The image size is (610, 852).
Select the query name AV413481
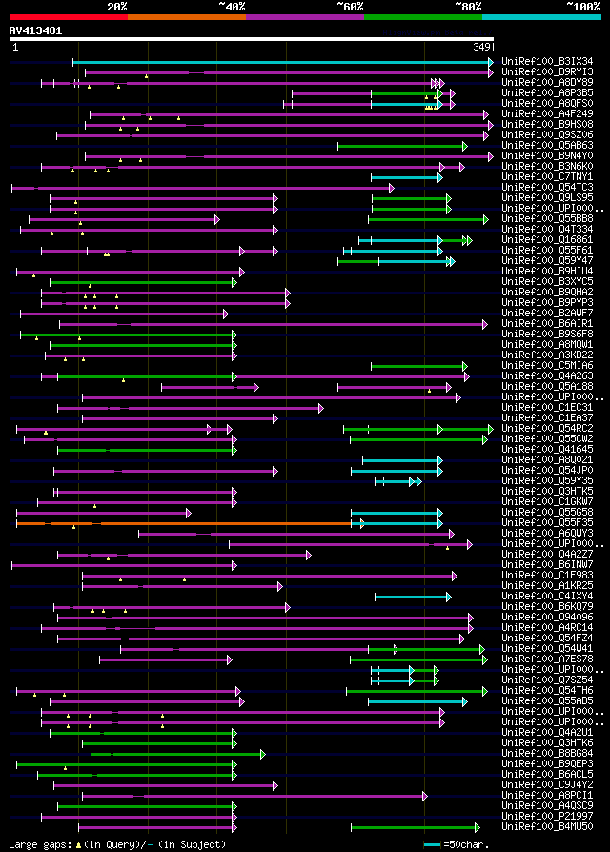point(35,30)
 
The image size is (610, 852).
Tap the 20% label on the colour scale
point(116,7)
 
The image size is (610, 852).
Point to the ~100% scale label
point(582,7)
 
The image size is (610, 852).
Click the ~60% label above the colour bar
point(350,7)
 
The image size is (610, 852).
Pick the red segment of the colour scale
point(68,16)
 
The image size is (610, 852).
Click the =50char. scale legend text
point(465,844)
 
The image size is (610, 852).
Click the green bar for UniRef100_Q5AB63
point(401,146)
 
